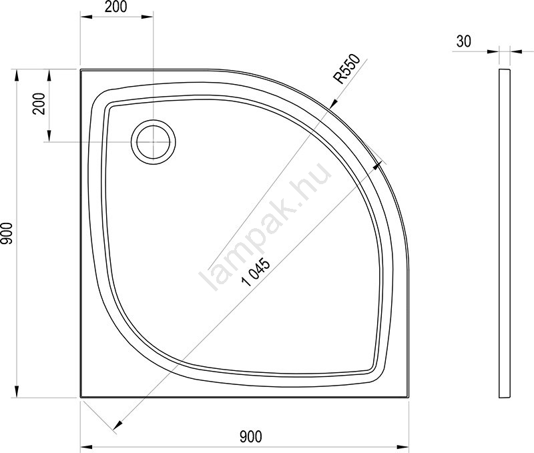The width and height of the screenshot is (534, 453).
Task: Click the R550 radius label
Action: point(347,69)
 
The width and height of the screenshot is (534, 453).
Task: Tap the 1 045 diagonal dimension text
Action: point(256,273)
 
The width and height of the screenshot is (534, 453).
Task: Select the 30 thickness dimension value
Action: point(463,41)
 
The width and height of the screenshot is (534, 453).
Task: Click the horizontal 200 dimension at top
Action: point(115,7)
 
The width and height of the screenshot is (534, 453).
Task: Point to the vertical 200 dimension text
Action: point(39,103)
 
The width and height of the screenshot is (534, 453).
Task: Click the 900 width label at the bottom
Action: point(251,437)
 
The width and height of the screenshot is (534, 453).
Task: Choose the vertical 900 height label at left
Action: point(7,233)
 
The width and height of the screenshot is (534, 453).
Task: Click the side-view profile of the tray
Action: point(505,234)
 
